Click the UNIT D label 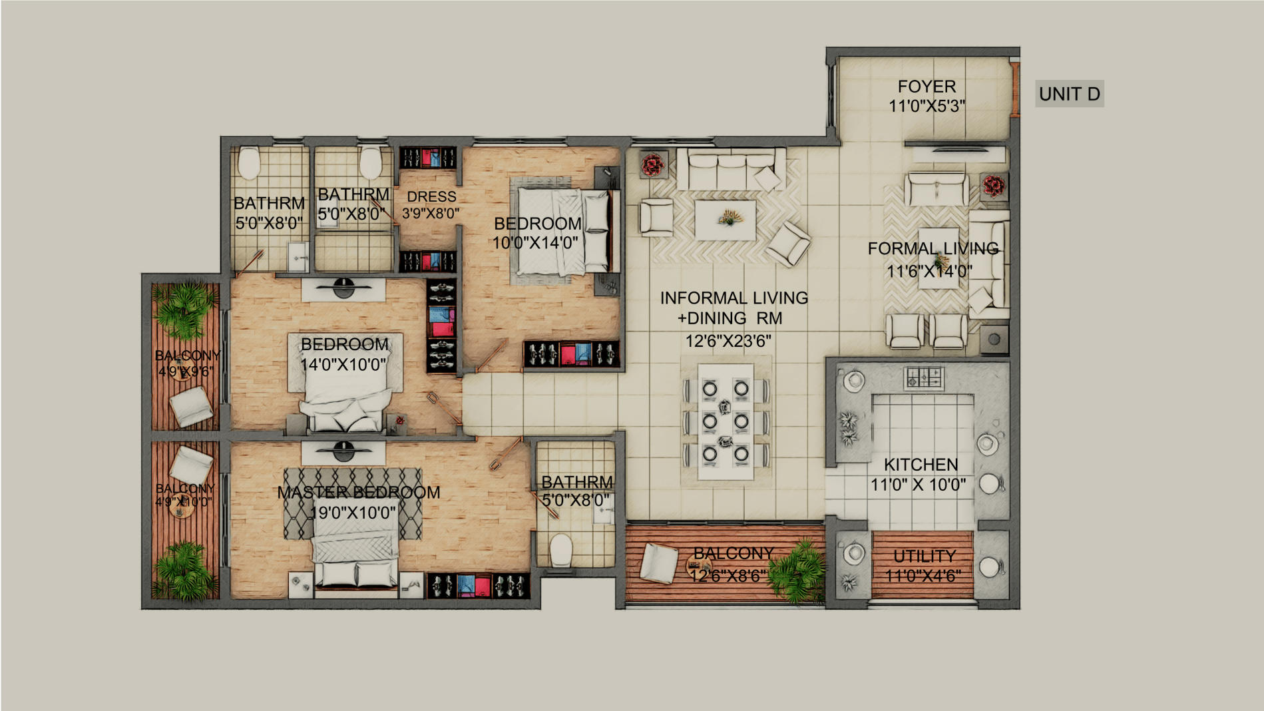click(1069, 94)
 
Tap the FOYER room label click(927, 87)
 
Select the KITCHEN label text click(921, 465)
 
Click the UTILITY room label click(924, 556)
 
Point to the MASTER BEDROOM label click(359, 493)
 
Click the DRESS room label click(431, 197)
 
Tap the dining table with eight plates click(726, 421)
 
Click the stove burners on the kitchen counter click(923, 379)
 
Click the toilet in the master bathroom click(561, 551)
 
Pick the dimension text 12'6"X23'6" click(729, 342)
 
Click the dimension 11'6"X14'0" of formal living click(929, 272)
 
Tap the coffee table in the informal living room click(726, 220)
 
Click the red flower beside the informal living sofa click(652, 164)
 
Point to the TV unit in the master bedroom click(343, 453)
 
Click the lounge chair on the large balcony click(659, 563)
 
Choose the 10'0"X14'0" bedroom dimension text click(535, 243)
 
